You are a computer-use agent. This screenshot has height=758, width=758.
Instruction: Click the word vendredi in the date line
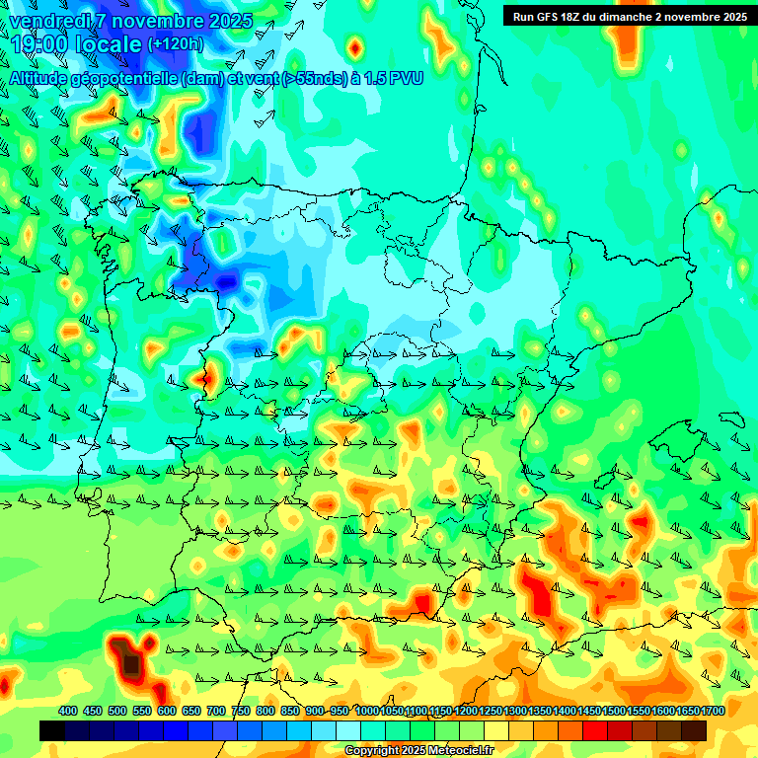point(47,21)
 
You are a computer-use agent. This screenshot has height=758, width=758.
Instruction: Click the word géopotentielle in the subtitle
point(124,78)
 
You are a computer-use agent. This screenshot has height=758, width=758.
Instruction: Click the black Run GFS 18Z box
point(629,16)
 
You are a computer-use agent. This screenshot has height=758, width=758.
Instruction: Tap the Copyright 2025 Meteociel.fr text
point(418,750)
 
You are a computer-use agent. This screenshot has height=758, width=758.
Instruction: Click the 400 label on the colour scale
point(68,711)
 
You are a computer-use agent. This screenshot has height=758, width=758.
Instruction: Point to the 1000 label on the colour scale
point(367,711)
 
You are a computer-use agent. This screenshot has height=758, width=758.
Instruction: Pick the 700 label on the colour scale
point(216,711)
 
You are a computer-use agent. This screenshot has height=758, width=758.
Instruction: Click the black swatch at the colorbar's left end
point(52,730)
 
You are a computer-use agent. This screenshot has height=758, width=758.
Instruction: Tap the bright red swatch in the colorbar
point(595,730)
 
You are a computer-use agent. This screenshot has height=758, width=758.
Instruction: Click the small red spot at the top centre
point(354,45)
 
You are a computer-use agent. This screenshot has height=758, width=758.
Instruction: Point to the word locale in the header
point(110,46)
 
